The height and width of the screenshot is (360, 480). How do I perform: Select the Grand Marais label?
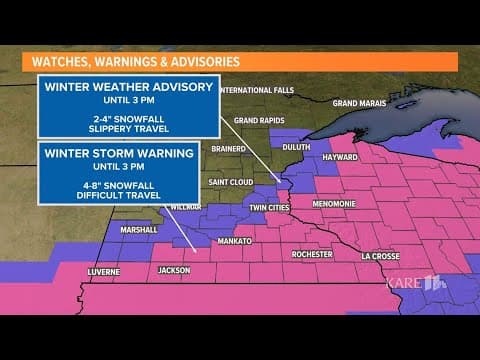pyautogui.click(x=360, y=103)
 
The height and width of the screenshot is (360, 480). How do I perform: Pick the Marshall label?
pyautogui.click(x=138, y=229)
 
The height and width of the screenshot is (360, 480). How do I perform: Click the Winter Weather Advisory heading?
pyautogui.click(x=127, y=87)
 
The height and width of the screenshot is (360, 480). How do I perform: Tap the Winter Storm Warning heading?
pyautogui.click(x=127, y=155)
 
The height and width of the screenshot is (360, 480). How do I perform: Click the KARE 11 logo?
pyautogui.click(x=416, y=283)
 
